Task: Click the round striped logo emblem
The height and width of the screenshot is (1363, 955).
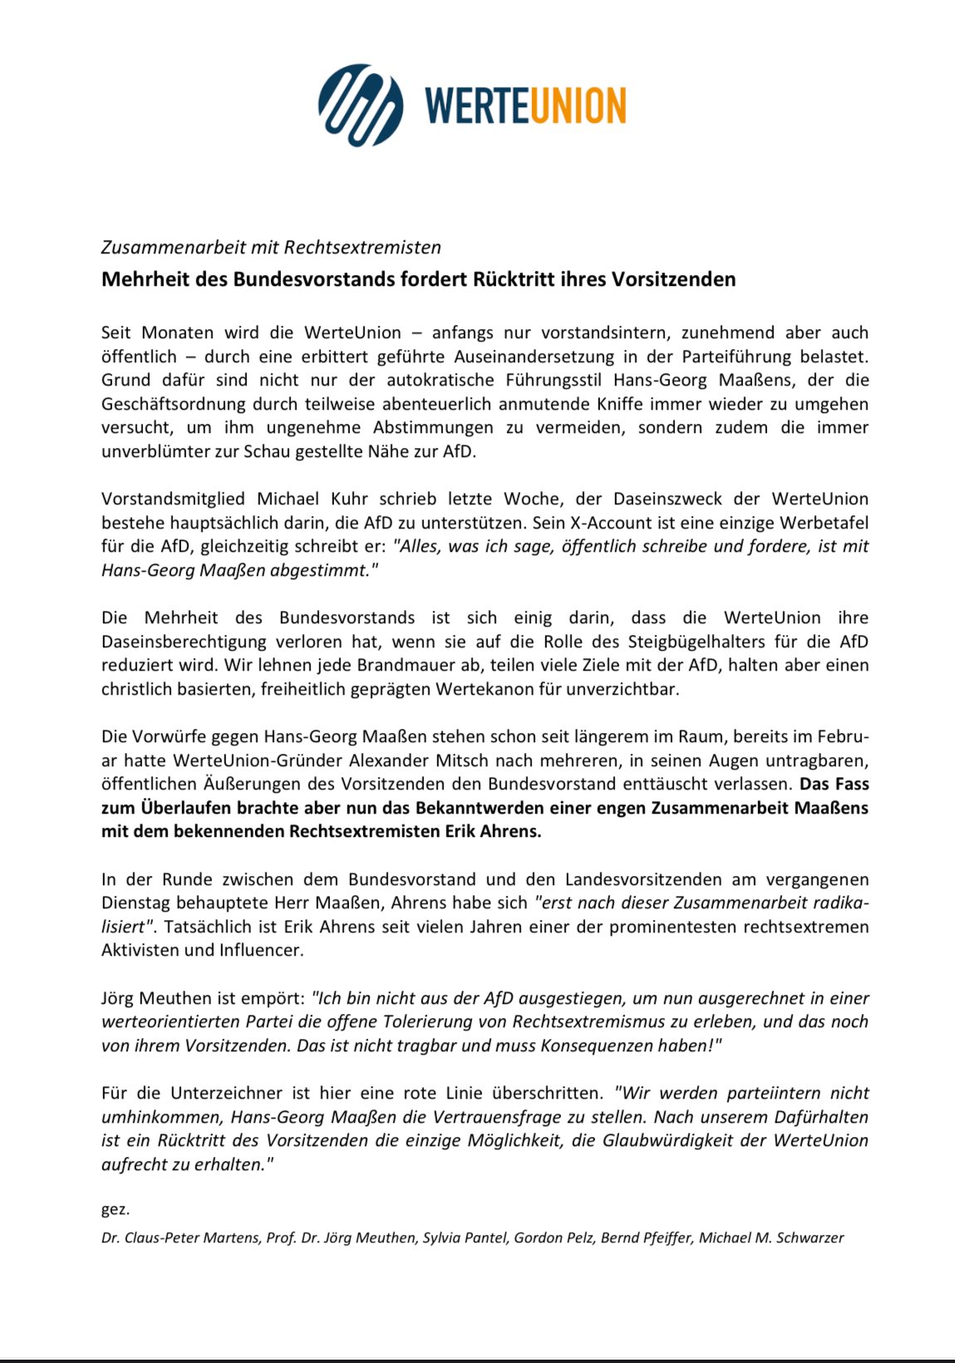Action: [360, 106]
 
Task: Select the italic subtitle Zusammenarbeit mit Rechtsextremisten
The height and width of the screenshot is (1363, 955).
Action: [271, 247]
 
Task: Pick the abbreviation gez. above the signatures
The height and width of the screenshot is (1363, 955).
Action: [116, 1209]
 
